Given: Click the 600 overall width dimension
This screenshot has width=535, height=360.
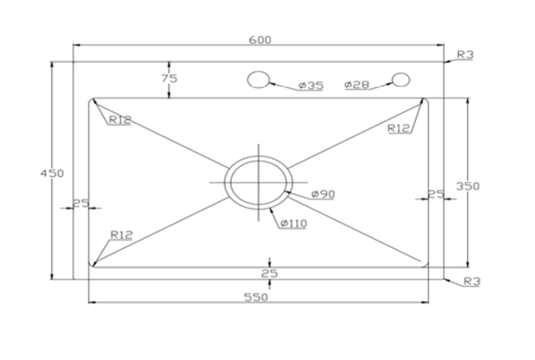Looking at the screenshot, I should pos(260,40).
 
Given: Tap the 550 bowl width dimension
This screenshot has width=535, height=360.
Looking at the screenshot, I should pos(258,297).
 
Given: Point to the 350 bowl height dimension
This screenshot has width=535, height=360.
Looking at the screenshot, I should pos(468,186).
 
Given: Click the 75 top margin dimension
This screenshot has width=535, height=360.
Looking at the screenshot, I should pos(169,78).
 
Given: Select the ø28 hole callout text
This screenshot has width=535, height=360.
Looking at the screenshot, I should pos(357,85).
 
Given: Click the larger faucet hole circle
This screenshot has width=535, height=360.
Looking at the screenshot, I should pos(258,80).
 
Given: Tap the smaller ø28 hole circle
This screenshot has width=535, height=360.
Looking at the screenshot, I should pos(401,80).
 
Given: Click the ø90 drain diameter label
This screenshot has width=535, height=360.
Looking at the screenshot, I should pos(323,194).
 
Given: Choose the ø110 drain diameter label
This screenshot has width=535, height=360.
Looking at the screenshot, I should pos(294,223).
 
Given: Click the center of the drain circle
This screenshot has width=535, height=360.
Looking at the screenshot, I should pos(259,182).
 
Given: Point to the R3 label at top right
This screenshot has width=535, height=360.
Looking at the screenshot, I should pos(465,55).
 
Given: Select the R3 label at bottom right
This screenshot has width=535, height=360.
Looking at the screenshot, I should pos(471,281).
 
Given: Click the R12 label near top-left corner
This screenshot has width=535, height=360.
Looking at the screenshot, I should pos(120,121).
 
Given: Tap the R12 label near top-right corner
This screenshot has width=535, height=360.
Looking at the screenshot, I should pos(399,128).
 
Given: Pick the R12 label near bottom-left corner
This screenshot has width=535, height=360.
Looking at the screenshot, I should pos(121,235).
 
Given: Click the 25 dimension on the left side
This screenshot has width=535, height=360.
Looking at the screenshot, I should pos(81,203).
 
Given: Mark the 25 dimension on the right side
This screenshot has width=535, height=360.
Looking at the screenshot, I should pos(436,194).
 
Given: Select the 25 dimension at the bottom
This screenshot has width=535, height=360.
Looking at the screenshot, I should pos(269,273).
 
